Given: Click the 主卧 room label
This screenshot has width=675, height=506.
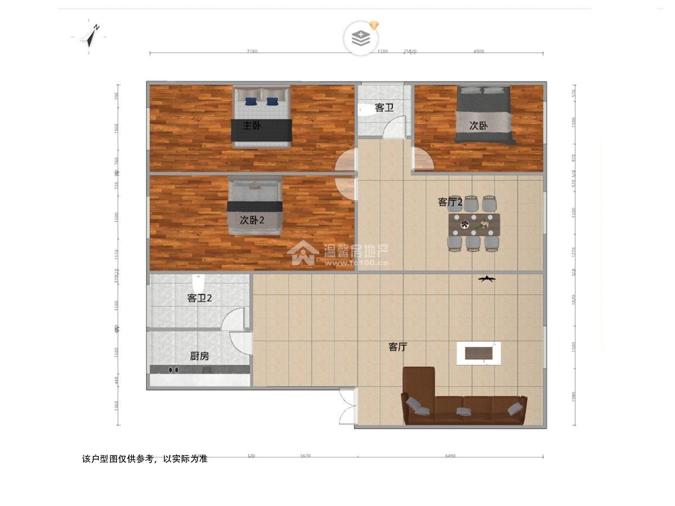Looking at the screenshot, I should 251,125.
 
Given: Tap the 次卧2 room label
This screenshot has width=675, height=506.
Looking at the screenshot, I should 252,220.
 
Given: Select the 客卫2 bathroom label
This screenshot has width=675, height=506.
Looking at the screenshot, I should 200,299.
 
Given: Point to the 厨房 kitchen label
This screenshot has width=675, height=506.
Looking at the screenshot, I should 199,356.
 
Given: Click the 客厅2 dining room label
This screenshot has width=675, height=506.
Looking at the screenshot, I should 450,202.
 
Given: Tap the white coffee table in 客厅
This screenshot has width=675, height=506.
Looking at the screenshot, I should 478,353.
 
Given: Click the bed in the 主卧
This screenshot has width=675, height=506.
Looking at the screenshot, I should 262,116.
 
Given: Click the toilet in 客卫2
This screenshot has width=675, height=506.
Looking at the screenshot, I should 197,281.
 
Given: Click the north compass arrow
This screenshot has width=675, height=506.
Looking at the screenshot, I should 90,36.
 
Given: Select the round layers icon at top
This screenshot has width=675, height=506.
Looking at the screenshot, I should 360,38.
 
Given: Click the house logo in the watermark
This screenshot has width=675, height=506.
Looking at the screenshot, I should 301,254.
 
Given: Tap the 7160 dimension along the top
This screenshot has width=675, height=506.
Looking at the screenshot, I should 251,51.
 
